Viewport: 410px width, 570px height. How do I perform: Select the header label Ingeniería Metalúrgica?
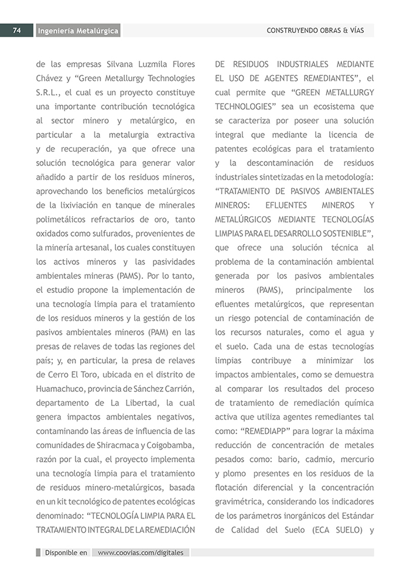pos(78,31)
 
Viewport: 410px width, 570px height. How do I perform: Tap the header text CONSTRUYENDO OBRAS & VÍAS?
pos(315,30)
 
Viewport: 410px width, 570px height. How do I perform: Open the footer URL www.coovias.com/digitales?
pos(141,552)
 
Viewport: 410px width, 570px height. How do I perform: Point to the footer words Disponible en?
pos(66,552)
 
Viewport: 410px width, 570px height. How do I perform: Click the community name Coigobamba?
pos(170,445)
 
